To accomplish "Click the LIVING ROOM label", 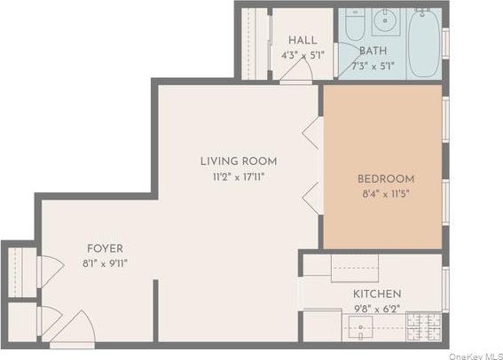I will click(x=238, y=161).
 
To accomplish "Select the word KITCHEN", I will click(x=377, y=293).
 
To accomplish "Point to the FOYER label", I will click(x=105, y=248).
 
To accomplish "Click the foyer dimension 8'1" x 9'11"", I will click(x=105, y=262).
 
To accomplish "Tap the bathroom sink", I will click(x=387, y=20).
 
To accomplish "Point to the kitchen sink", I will click(x=355, y=267).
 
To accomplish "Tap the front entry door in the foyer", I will click(x=72, y=330).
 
